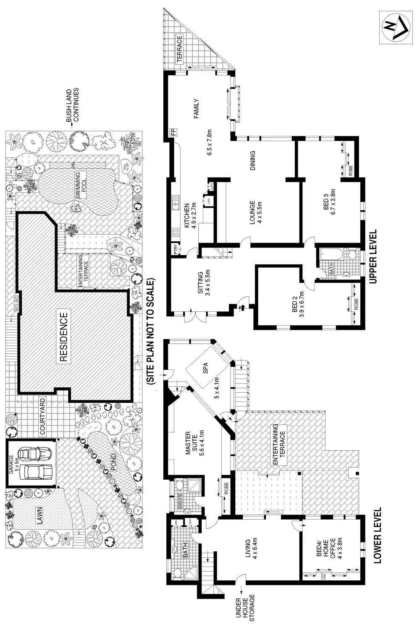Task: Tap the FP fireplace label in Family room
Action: tap(172, 132)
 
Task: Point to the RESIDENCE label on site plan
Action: tap(63, 337)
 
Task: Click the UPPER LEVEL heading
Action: tap(373, 256)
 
